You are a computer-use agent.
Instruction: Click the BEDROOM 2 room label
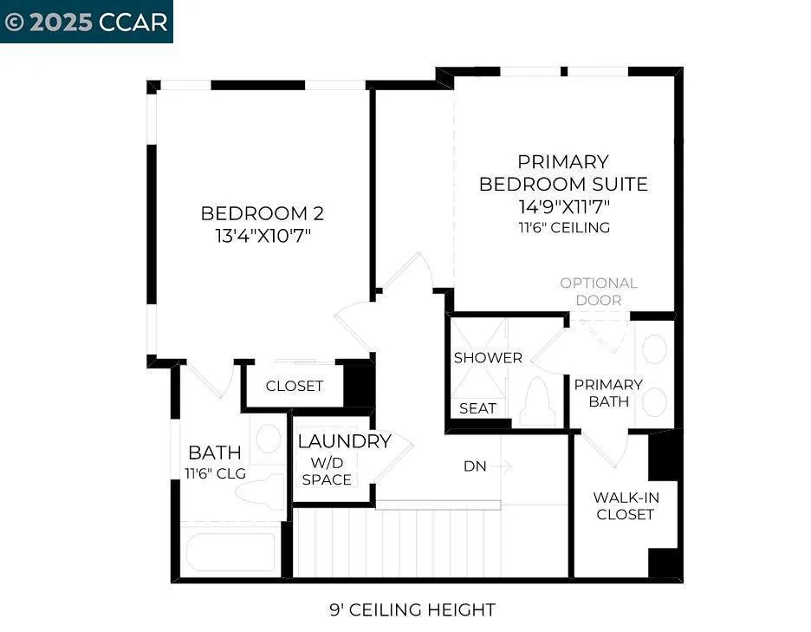pos(262,213)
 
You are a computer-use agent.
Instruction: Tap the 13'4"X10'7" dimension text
pos(262,235)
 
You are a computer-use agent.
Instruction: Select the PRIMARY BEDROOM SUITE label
pos(563,173)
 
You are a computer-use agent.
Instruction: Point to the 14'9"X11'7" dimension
pos(563,206)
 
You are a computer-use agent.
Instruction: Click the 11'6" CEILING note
pos(563,227)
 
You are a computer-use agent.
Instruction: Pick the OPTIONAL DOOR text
pos(598,291)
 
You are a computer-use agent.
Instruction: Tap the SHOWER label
pos(488,357)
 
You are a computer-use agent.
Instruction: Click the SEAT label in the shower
pos(477,408)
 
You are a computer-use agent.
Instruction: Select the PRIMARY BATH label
pos(608,393)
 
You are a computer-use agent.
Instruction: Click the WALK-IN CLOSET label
pos(624,505)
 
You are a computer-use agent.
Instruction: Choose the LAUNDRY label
pos(344,441)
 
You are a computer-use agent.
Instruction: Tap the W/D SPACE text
pos(327,471)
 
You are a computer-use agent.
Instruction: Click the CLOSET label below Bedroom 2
pos(295,386)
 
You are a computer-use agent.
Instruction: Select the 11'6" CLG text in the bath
pos(215,473)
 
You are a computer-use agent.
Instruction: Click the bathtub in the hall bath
pos(232,551)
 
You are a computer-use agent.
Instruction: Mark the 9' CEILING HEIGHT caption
pos(412,609)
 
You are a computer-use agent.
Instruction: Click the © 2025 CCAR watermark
pos(86,22)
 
